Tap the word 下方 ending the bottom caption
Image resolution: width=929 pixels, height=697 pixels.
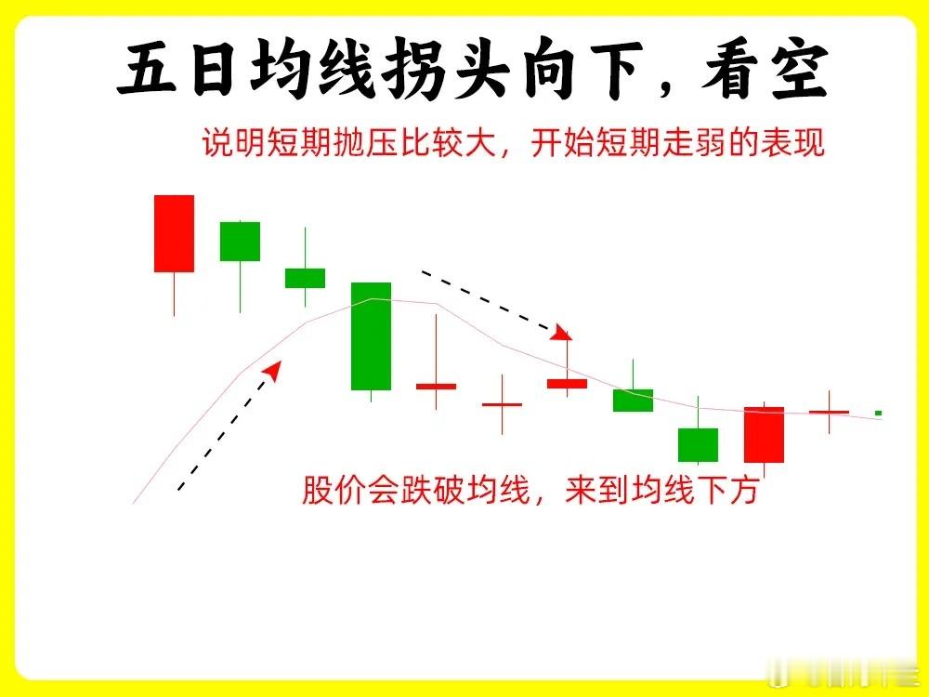(x=727, y=490)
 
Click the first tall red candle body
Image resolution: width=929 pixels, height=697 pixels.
(x=175, y=233)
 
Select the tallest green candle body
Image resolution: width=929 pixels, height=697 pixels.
(x=371, y=336)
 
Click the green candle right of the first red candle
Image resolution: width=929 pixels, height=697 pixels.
(x=240, y=242)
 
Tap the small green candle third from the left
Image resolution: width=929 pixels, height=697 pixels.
(x=305, y=278)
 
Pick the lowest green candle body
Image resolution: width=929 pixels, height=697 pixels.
(x=698, y=444)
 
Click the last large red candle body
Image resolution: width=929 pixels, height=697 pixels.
(x=765, y=434)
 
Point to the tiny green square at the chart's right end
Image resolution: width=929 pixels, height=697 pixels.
(x=879, y=413)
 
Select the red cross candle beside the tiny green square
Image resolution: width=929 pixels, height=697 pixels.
(x=829, y=412)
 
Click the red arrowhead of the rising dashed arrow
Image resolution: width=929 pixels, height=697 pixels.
(x=273, y=370)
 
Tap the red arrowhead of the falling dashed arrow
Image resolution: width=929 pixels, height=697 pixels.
(x=561, y=333)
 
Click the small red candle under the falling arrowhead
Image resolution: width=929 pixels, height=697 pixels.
(x=567, y=384)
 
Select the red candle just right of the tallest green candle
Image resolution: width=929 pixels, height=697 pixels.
(x=436, y=387)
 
